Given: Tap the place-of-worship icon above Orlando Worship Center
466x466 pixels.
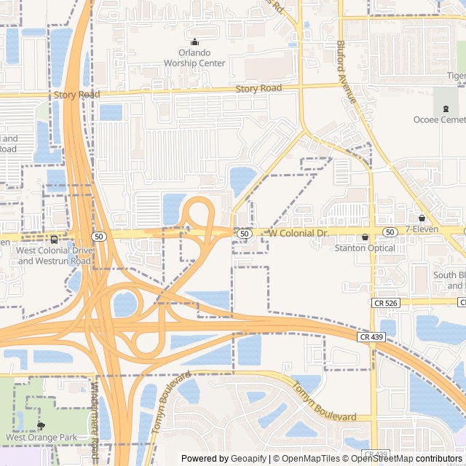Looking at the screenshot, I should click(x=194, y=42).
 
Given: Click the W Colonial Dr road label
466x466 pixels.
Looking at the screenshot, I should click(x=299, y=233).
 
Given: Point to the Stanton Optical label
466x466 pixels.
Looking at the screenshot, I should click(x=365, y=248).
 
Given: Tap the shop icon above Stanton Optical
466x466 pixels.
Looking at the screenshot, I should click(x=365, y=237).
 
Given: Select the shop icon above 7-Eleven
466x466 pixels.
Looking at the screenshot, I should click(x=422, y=218).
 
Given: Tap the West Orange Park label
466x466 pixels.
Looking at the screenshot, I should click(x=41, y=438).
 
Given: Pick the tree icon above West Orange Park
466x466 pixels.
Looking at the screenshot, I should click(x=41, y=426).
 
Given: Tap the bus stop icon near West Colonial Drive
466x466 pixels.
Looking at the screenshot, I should click(x=54, y=239).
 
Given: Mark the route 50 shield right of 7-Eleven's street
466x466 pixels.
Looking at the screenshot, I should click(x=390, y=232).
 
